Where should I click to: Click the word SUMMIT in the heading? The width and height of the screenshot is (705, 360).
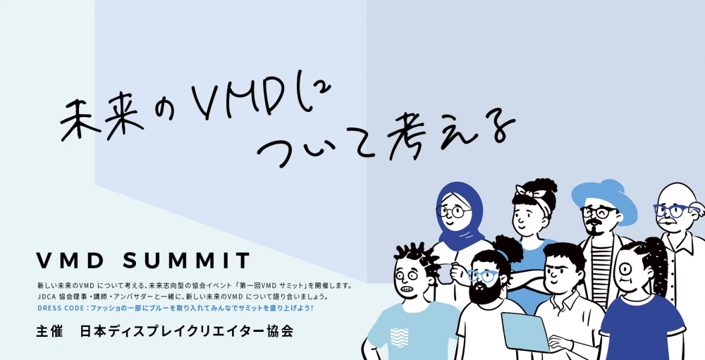(185, 261)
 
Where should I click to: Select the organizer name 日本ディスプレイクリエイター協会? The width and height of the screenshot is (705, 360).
(187, 332)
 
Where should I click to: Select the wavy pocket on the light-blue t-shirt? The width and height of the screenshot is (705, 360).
(399, 337)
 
